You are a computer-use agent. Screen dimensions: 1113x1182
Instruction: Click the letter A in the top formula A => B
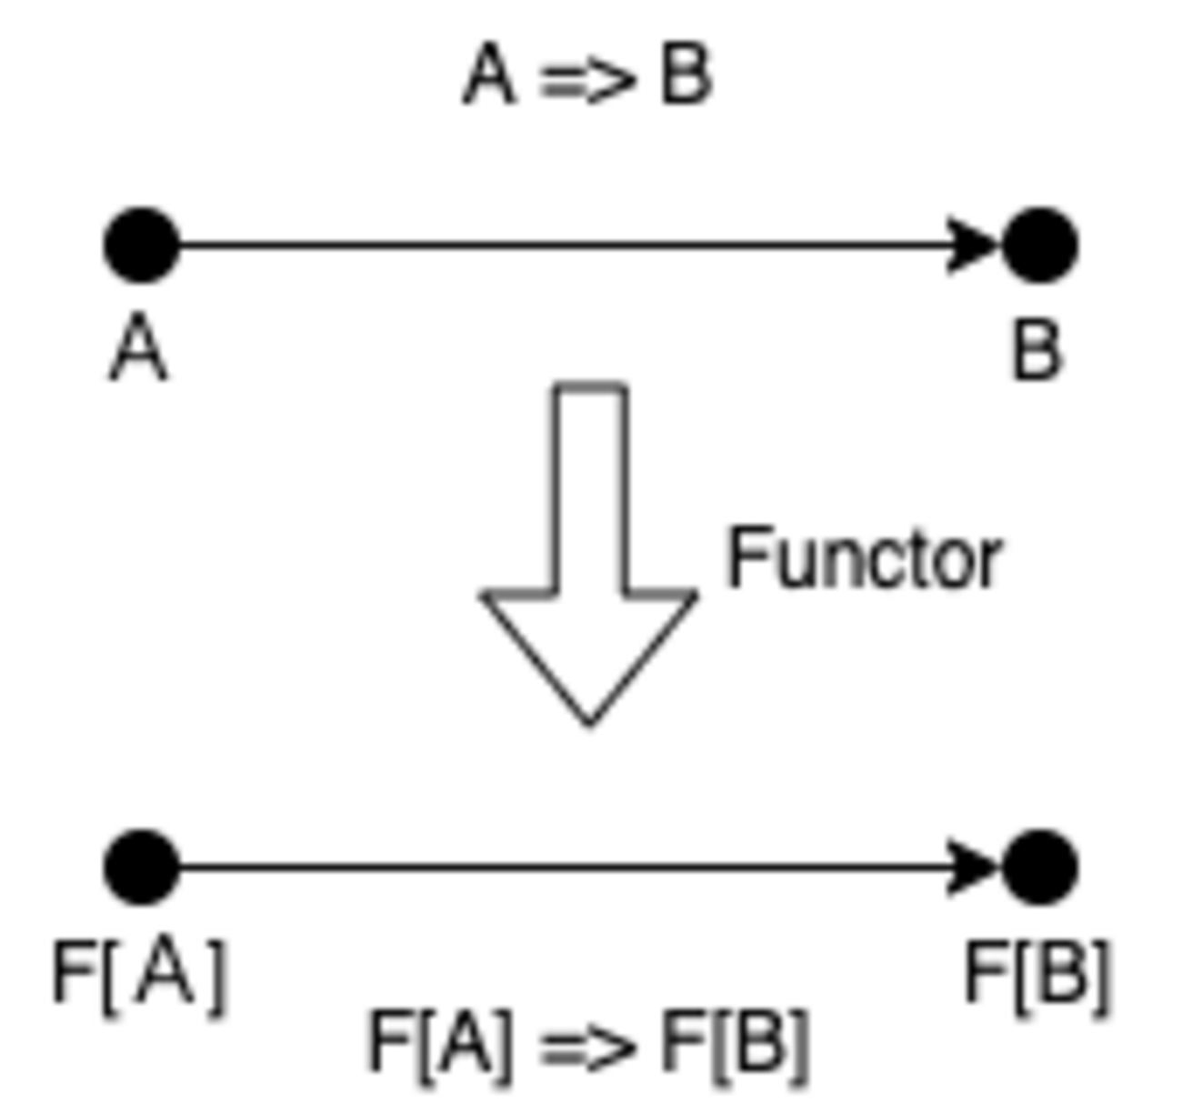point(490,76)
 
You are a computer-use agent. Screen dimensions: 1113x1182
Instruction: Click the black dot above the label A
point(142,246)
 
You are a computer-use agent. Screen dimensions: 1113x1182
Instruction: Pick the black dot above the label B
point(1040,246)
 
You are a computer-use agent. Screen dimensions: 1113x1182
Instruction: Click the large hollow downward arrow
point(589,582)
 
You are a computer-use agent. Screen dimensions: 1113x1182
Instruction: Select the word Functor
point(864,559)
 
